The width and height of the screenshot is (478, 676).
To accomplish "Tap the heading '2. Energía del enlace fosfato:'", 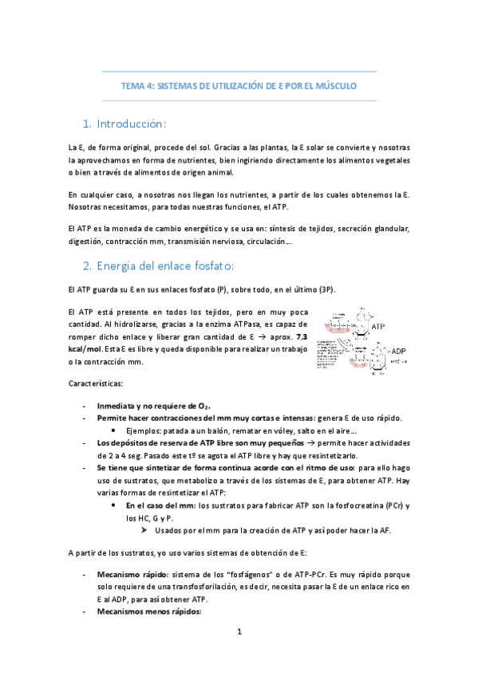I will tap(161, 265).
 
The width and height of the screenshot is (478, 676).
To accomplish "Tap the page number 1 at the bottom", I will tap(239, 632).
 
